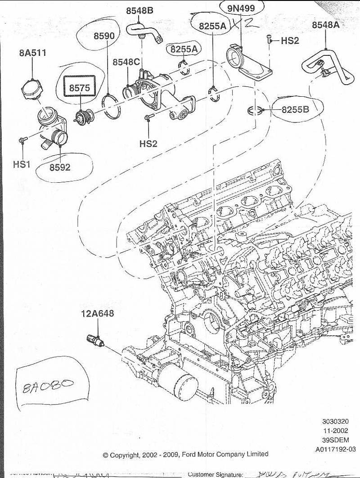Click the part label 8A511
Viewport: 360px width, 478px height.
click(32, 53)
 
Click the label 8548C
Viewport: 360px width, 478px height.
click(126, 62)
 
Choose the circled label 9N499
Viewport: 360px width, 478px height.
click(242, 9)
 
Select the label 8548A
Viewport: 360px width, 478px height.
click(325, 25)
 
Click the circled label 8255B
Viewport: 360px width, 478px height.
click(296, 109)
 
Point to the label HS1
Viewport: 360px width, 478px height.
click(21, 164)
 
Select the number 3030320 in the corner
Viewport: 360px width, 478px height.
click(335, 422)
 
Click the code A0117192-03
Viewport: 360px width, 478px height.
click(335, 449)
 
